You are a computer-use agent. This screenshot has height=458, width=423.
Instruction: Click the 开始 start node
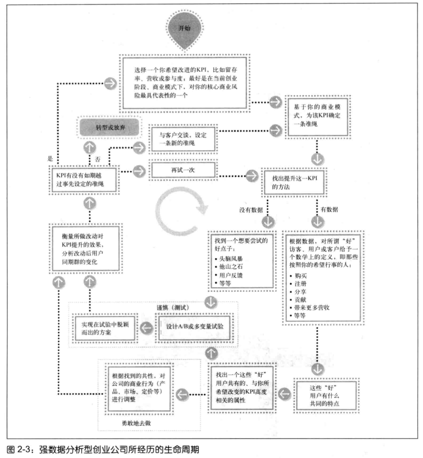tap(184, 29)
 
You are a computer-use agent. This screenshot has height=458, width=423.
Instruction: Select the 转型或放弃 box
tap(110, 128)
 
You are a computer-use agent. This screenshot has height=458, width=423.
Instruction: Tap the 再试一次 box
tap(183, 170)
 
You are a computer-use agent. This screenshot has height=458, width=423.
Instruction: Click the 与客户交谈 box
tap(183, 139)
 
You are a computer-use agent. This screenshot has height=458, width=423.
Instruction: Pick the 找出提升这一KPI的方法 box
tap(294, 182)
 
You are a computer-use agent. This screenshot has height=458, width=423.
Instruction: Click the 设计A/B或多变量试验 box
tap(195, 327)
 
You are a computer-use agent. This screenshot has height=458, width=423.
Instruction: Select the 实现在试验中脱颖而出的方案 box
tap(105, 328)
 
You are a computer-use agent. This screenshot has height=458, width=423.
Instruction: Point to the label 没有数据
tap(251, 210)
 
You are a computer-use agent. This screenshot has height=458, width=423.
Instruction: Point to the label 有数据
tap(329, 209)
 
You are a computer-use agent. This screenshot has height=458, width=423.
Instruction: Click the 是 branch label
tap(50, 158)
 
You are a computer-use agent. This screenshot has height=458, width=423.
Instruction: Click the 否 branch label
tap(98, 159)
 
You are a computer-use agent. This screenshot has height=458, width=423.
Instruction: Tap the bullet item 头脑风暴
tap(231, 259)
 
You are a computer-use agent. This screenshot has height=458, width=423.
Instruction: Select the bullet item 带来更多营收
tap(311, 307)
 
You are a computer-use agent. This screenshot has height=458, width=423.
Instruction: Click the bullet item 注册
tap(300, 284)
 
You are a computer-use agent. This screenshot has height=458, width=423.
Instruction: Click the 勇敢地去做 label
tap(136, 423)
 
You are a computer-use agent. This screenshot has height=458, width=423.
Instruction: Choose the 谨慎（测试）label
tap(173, 307)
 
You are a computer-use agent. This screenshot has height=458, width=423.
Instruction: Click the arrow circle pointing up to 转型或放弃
tap(90, 148)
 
